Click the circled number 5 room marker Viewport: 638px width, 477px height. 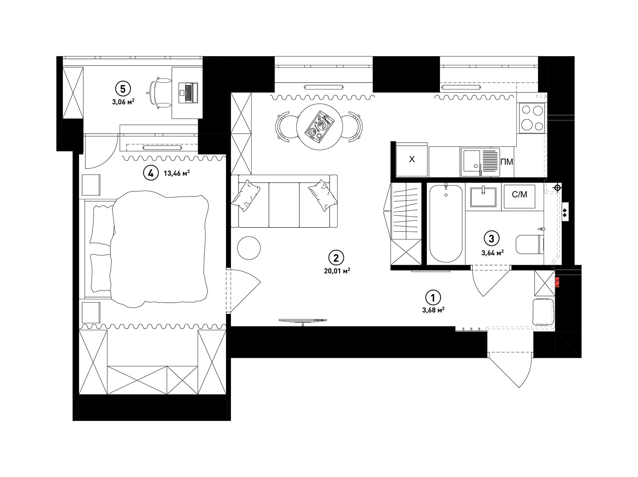pyautogui.click(x=123, y=89)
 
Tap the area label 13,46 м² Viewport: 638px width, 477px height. pyautogui.click(x=177, y=173)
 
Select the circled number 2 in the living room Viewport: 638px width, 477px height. pyautogui.click(x=336, y=258)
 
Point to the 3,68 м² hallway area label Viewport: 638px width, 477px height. pyautogui.click(x=433, y=310)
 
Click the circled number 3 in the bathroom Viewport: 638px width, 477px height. pyautogui.click(x=492, y=238)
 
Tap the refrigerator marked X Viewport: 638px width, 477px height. pyautogui.click(x=412, y=159)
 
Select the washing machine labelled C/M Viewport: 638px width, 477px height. pyautogui.click(x=519, y=196)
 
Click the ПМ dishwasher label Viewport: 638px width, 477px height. pyautogui.click(x=507, y=162)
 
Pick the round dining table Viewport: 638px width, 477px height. pyautogui.click(x=319, y=127)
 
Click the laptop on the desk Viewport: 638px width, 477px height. pyautogui.click(x=188, y=93)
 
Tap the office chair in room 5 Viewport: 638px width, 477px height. pyautogui.click(x=159, y=93)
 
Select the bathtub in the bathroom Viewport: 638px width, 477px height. pyautogui.click(x=446, y=224)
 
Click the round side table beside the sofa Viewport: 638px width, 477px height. pyautogui.click(x=249, y=248)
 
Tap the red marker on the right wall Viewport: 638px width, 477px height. pyautogui.click(x=557, y=282)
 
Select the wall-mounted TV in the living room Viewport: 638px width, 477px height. pyautogui.click(x=303, y=321)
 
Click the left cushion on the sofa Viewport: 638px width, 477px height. pyautogui.click(x=246, y=195)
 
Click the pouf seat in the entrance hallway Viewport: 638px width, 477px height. pyautogui.click(x=543, y=312)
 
